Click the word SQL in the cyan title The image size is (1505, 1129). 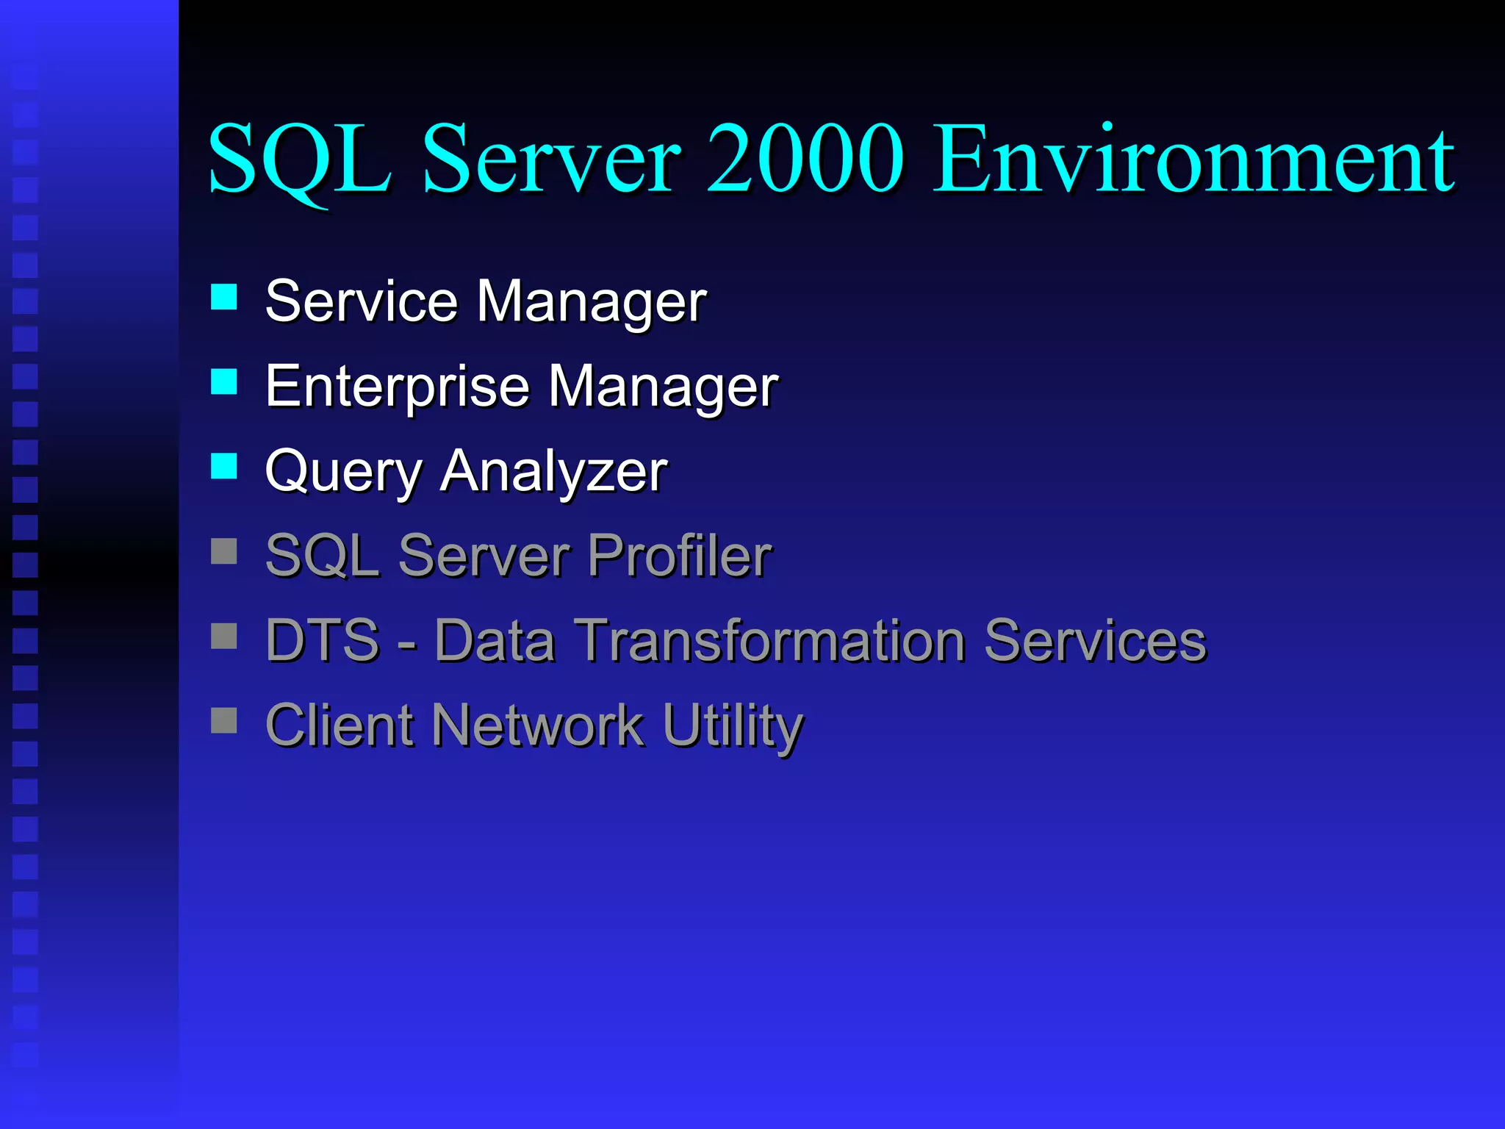pos(299,160)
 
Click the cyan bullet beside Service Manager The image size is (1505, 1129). pos(223,297)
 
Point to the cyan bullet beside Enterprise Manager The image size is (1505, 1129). pos(223,381)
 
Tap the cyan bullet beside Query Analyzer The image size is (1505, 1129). pos(223,466)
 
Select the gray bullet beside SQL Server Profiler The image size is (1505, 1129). pos(223,551)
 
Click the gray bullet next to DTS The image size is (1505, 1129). pos(223,636)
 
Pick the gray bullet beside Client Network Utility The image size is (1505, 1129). pos(223,720)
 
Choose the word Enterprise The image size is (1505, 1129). pos(397,387)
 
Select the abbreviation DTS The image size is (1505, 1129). pos(323,640)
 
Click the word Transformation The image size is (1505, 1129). pos(769,640)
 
